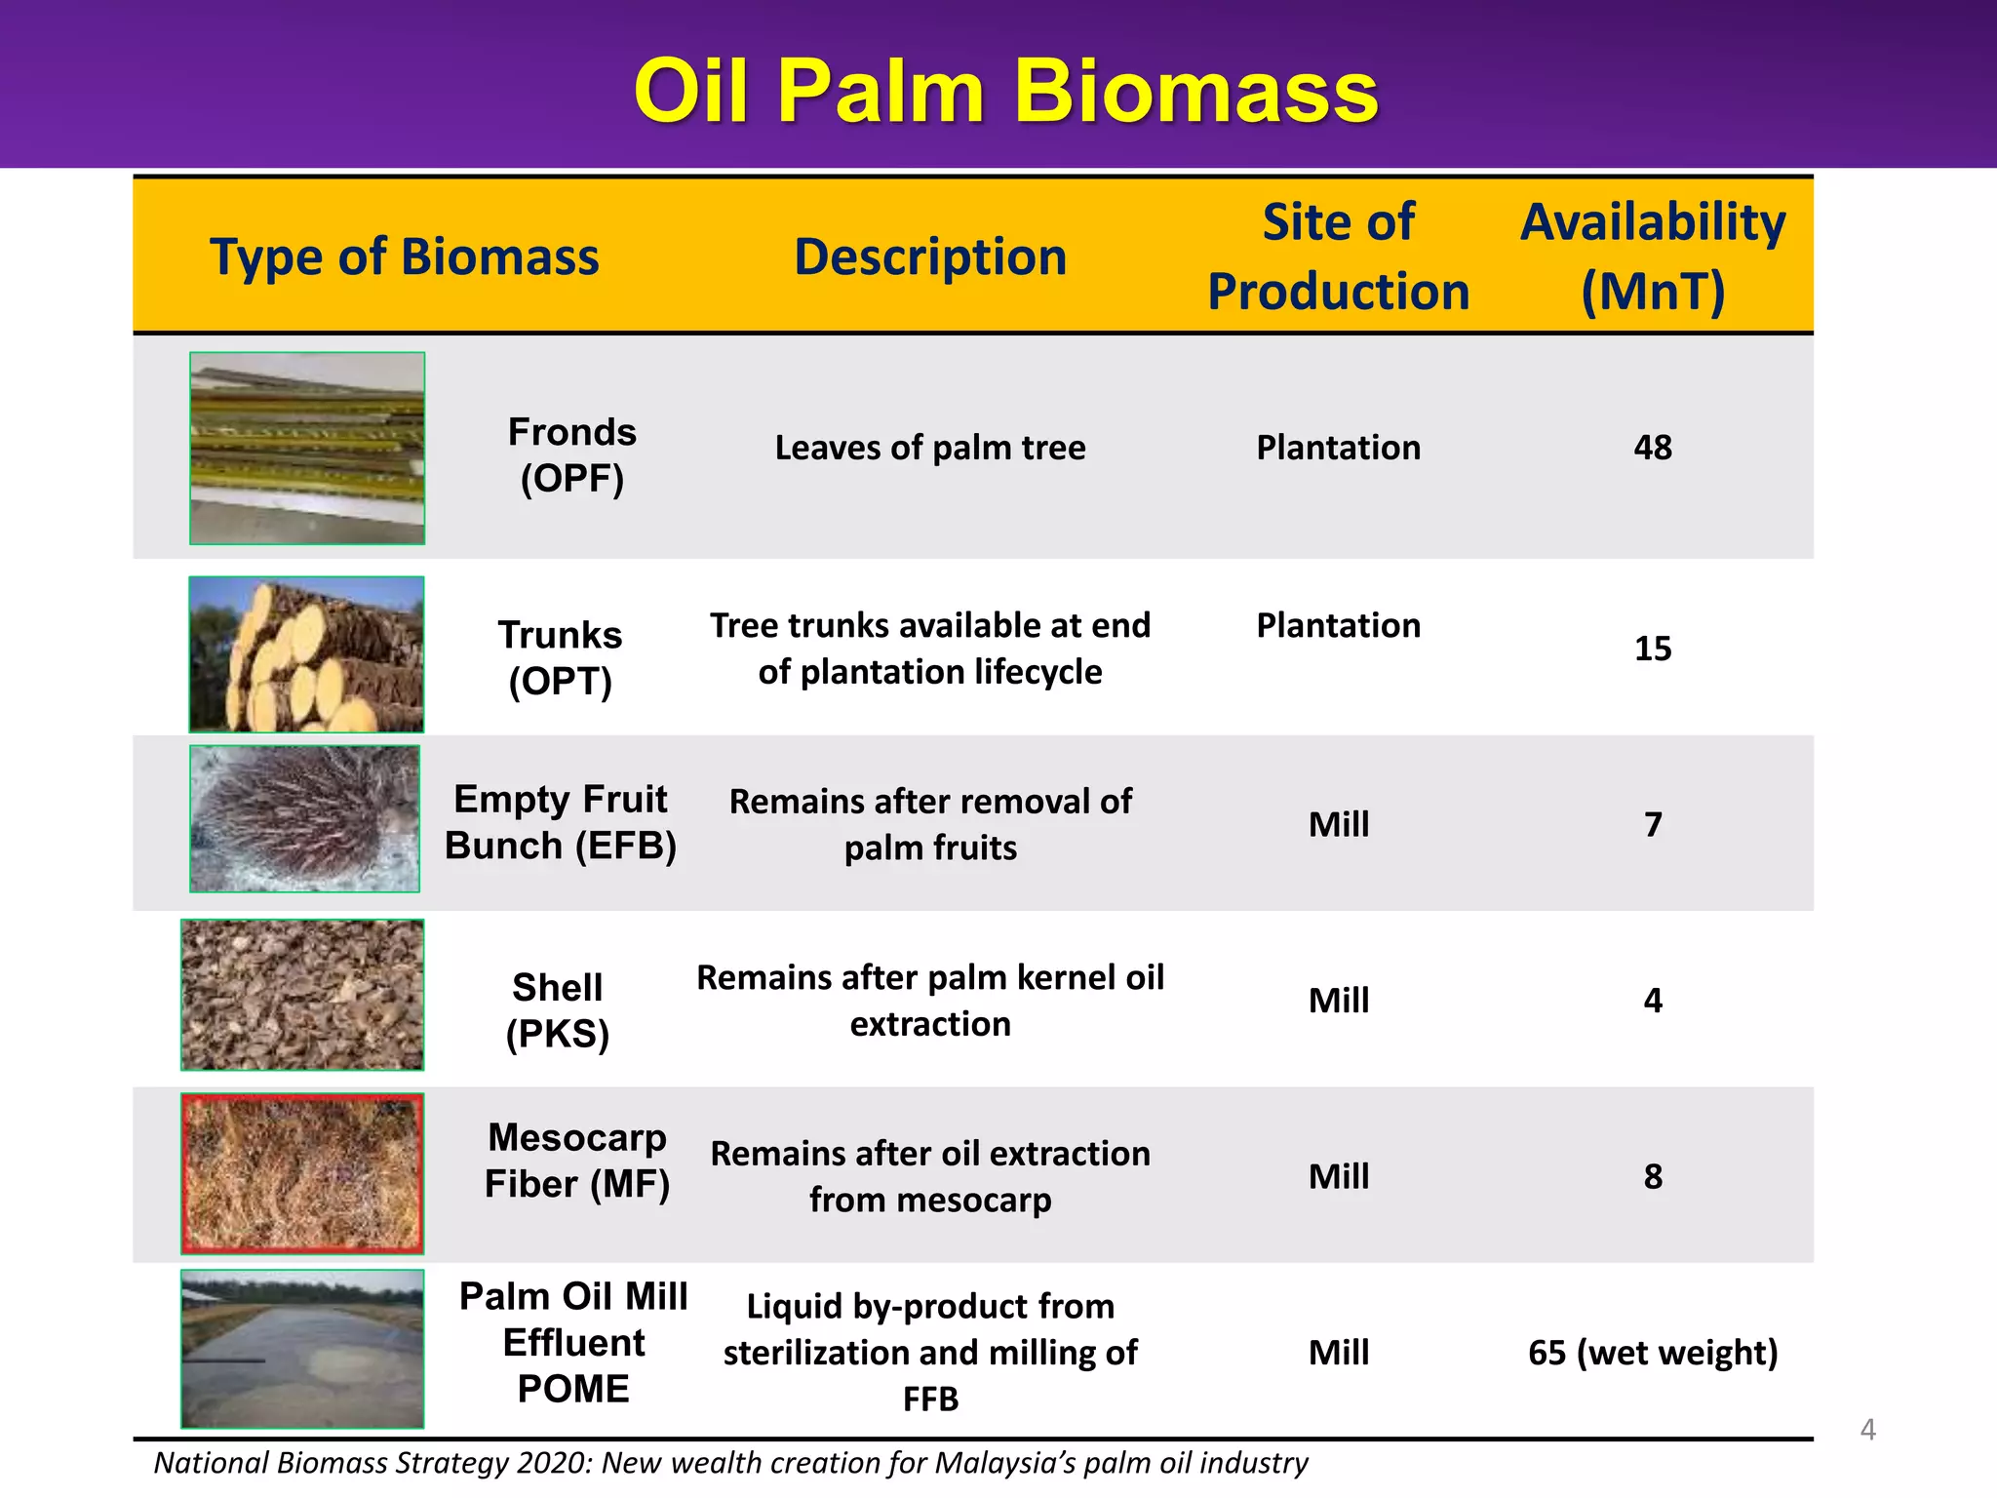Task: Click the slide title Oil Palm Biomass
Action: [x=1005, y=92]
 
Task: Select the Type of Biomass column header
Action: [x=404, y=257]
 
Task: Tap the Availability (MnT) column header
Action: [x=1653, y=256]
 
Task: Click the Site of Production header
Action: [x=1338, y=256]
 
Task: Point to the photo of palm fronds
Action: [x=307, y=448]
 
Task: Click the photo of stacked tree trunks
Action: [x=306, y=654]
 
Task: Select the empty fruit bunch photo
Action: [x=305, y=818]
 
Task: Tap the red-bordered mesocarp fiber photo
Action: [x=302, y=1173]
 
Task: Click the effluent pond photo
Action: [x=302, y=1349]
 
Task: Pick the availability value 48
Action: [x=1653, y=448]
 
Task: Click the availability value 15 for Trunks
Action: [x=1653, y=649]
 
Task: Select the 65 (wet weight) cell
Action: [x=1653, y=1353]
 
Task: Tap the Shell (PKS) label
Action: [x=558, y=1010]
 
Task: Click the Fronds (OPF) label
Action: [x=572, y=454]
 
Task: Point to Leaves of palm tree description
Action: [x=930, y=448]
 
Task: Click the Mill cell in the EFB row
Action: [x=1338, y=825]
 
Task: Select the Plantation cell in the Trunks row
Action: [x=1338, y=625]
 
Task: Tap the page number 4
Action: [x=1867, y=1430]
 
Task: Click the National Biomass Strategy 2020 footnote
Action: [x=730, y=1463]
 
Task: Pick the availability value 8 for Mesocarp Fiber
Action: [x=1653, y=1177]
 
